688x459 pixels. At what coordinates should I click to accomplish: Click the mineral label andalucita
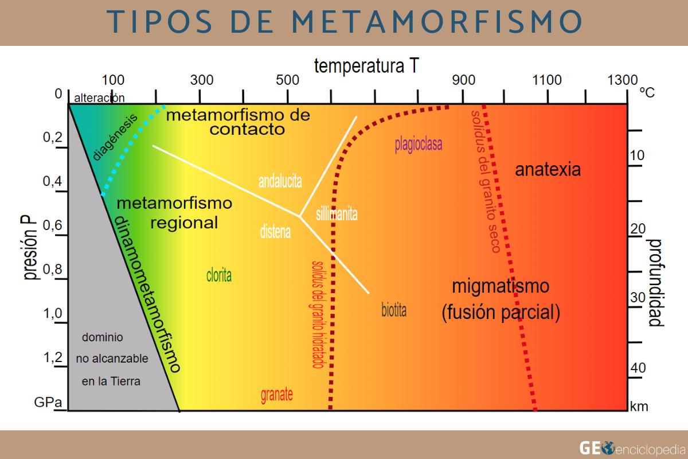[280, 181]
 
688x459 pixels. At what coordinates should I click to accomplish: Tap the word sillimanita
[337, 215]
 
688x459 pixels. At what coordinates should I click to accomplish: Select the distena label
[275, 233]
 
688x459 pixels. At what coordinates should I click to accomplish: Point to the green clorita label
[219, 276]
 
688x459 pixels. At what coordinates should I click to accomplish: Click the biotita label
[394, 311]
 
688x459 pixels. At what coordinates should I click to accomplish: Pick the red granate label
[277, 395]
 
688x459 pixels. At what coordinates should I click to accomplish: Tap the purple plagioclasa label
[419, 144]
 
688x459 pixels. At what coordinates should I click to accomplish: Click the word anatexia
[548, 170]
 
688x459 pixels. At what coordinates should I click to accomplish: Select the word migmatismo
[501, 286]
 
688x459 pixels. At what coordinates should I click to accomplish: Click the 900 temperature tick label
[463, 80]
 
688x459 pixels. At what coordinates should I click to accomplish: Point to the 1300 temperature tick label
[623, 80]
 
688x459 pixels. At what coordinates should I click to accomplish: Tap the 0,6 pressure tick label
[53, 225]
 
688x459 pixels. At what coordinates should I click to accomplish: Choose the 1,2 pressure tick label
[53, 359]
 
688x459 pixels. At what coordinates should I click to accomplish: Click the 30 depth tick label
[638, 297]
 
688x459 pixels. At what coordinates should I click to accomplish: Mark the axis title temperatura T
[366, 66]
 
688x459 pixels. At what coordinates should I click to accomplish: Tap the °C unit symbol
[647, 92]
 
